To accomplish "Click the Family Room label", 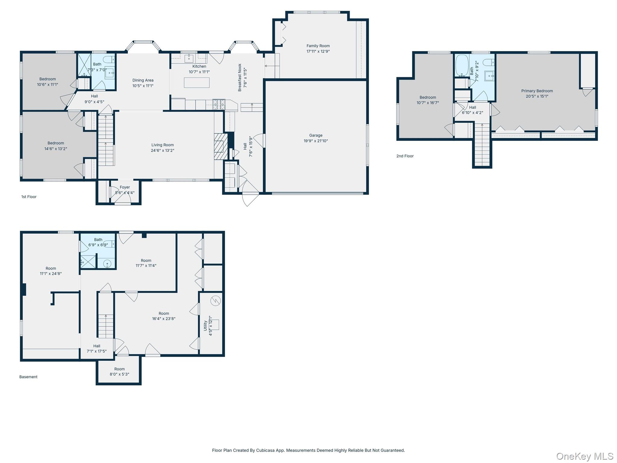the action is coord(318,46).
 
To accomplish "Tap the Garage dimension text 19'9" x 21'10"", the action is coord(316,141).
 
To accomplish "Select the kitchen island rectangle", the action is coord(197,83).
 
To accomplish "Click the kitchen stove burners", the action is coord(219,104).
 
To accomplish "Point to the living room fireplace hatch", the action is coord(221,146).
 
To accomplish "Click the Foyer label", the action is coord(125,187).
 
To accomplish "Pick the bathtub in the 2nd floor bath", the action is coord(462,65).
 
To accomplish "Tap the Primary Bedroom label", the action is coord(537,91).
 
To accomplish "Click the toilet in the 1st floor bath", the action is coord(109,59).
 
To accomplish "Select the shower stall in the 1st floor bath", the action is coord(84,65).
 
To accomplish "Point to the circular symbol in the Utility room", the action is coord(216,301).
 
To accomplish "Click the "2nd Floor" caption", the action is coord(405,156).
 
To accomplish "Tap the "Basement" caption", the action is coord(28,377).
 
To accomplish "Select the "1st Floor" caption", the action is coord(29,197).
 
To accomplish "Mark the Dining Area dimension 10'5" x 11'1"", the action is coord(143,86).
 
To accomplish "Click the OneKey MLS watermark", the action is coord(585,456).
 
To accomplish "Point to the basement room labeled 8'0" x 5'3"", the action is coord(119,370).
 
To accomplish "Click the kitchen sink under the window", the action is coord(189,57).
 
